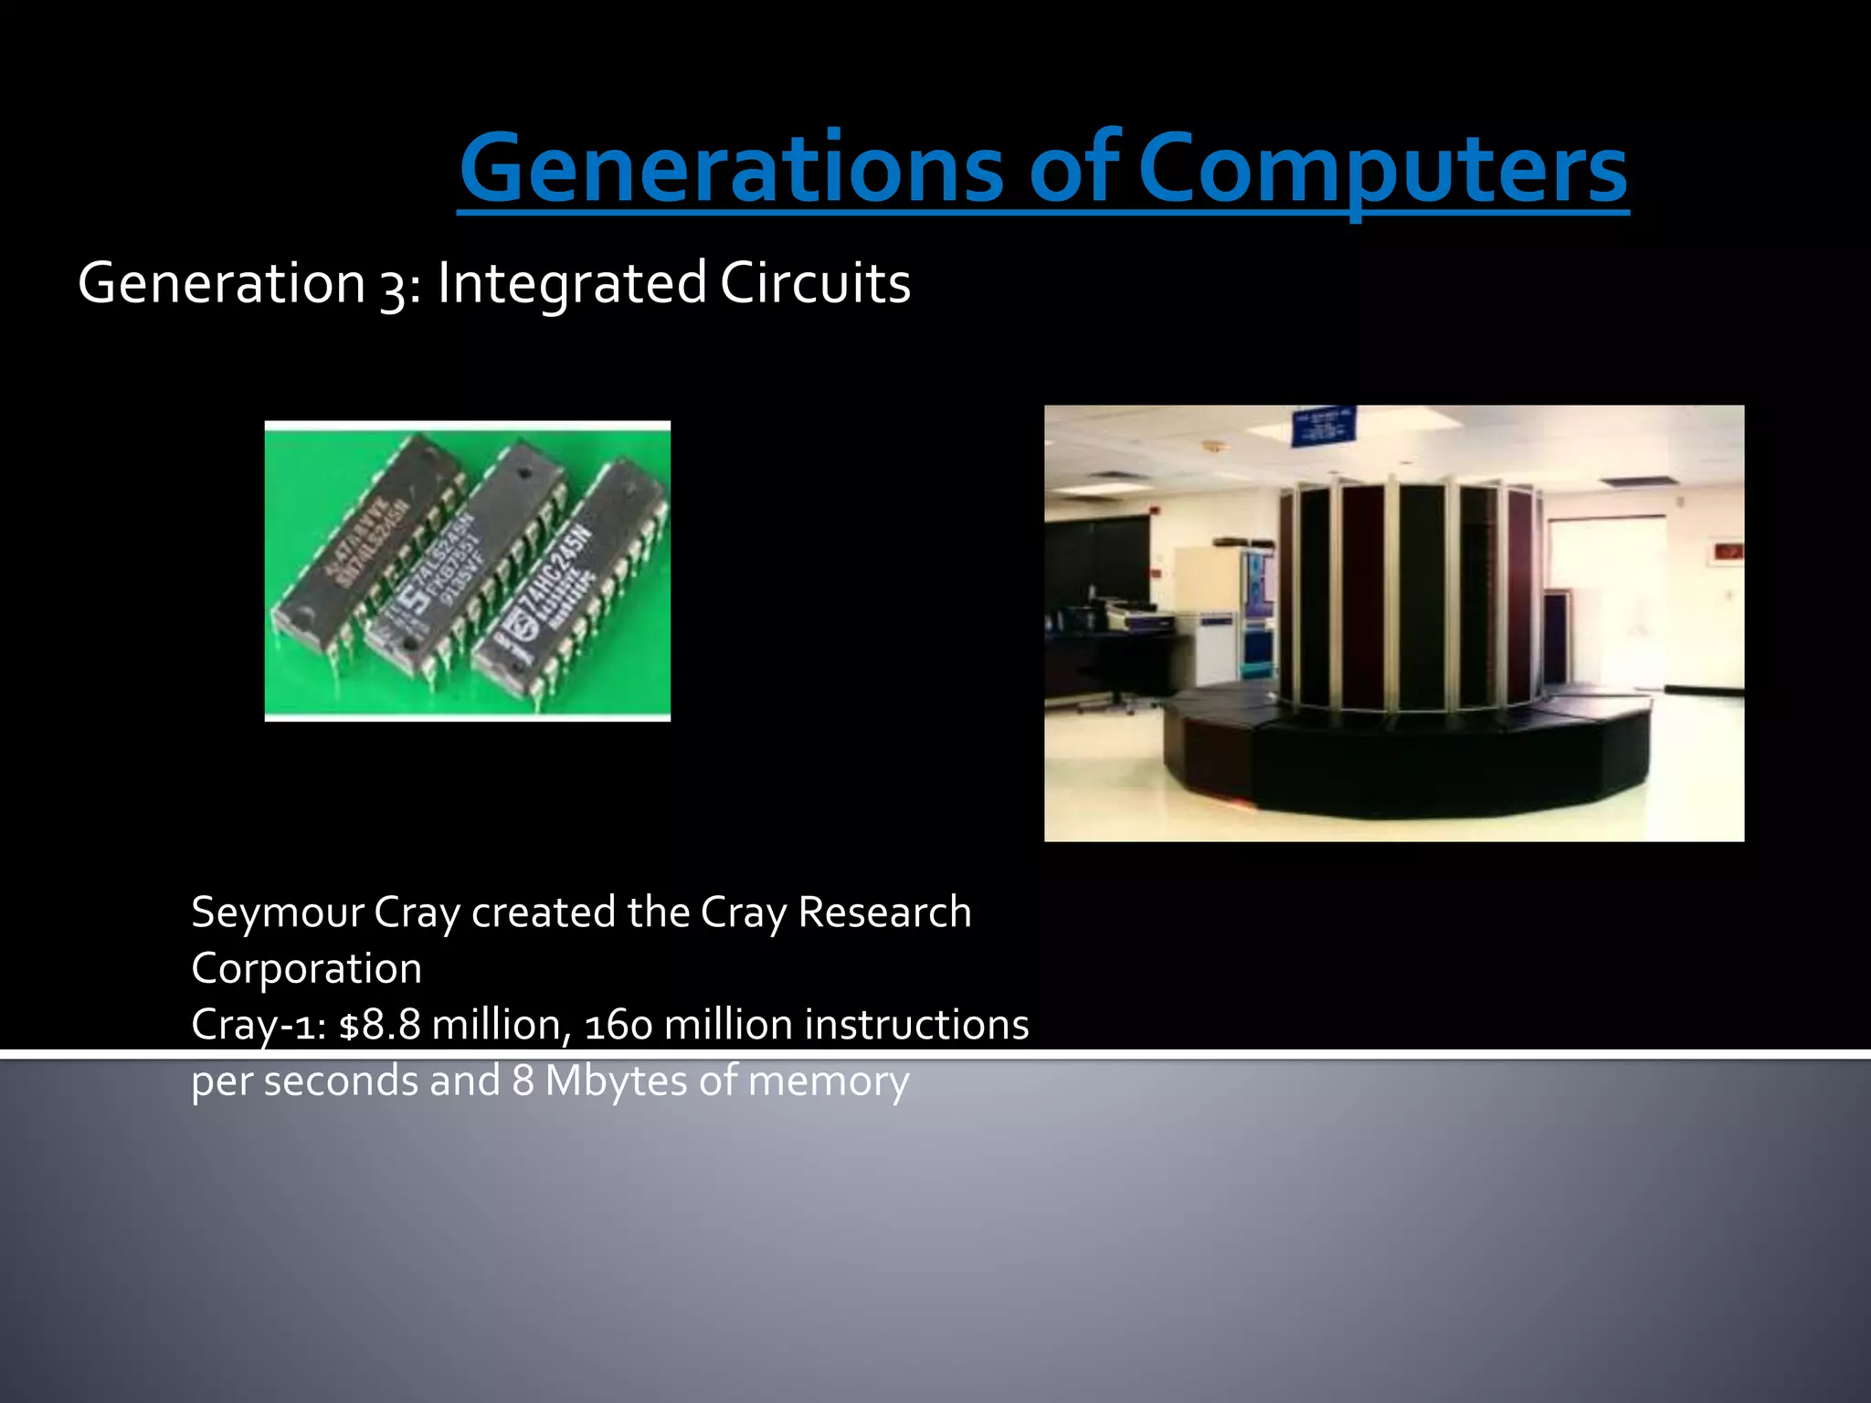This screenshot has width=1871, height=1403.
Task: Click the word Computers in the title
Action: coord(1381,169)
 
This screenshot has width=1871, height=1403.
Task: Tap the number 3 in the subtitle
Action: coord(393,285)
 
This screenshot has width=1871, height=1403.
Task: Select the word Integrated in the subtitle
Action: coord(572,283)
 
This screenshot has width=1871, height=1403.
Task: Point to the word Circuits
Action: coord(815,283)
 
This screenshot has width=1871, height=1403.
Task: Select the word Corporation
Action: coord(306,968)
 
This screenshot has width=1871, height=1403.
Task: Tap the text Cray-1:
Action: coord(259,1025)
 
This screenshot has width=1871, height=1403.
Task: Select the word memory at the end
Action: coord(828,1081)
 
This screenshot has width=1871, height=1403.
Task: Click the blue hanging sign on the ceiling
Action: coord(1323,427)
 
